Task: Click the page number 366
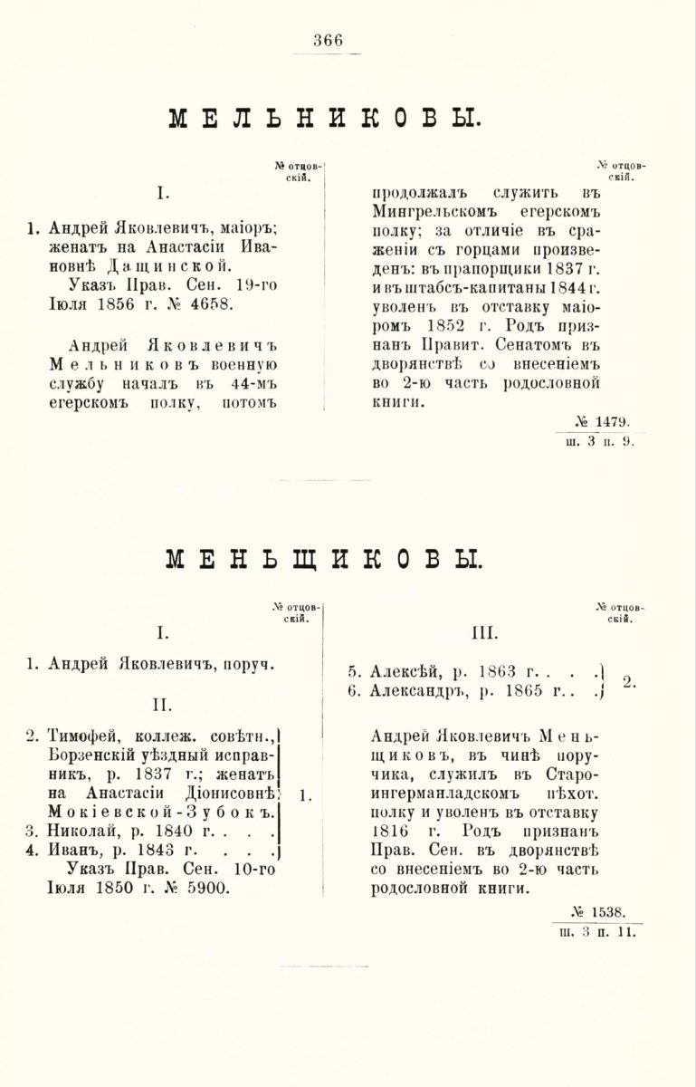[328, 39]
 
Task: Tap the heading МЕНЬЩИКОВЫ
[325, 558]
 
